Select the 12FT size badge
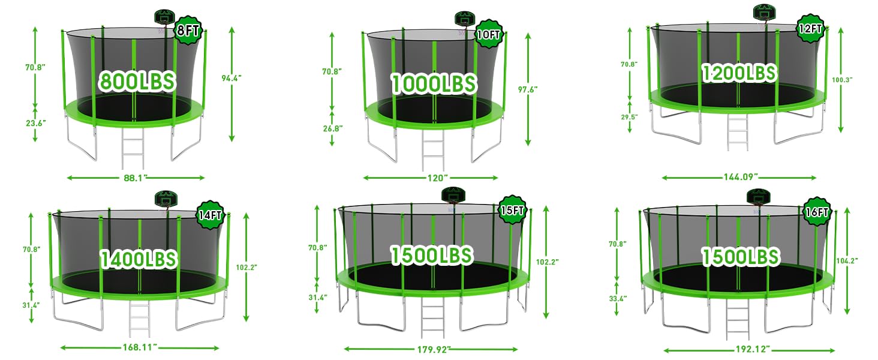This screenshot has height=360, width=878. tap(810, 29)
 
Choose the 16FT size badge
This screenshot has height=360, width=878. tap(816, 212)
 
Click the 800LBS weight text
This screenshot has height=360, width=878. tap(137, 81)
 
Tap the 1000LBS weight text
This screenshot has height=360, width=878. tap(434, 83)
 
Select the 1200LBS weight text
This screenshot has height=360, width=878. tap(739, 73)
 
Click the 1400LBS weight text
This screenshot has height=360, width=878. tap(139, 259)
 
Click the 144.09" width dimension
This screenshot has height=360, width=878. tap(739, 177)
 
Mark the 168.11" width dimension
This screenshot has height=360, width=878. tap(137, 347)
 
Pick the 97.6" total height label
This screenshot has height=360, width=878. tap(528, 89)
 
